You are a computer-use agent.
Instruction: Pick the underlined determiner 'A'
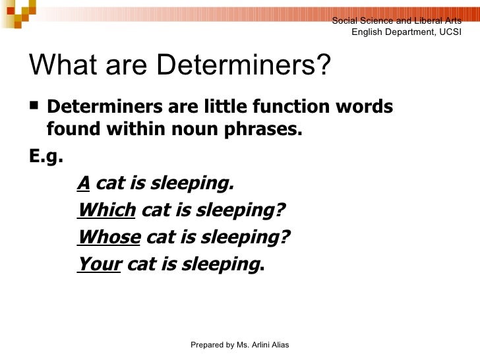tap(84, 183)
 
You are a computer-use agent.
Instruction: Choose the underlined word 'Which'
tap(106, 210)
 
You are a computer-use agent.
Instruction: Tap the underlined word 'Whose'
tap(109, 237)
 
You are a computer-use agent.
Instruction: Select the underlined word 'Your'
tap(99, 264)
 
